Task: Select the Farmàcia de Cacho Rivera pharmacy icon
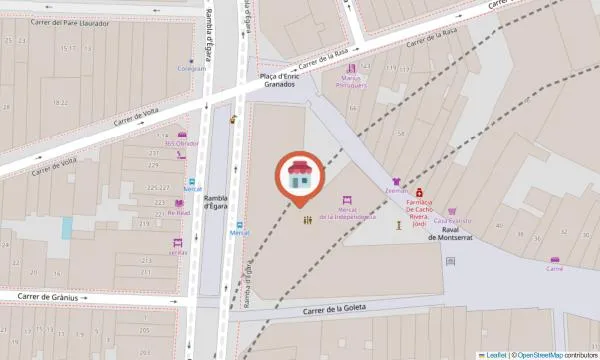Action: pyautogui.click(x=420, y=191)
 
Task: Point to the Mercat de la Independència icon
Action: pyautogui.click(x=348, y=201)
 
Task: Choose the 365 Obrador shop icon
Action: pyautogui.click(x=182, y=135)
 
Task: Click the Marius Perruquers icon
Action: pyautogui.click(x=351, y=67)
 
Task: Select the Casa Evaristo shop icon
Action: pyautogui.click(x=452, y=212)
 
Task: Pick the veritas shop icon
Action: pyautogui.click(x=177, y=243)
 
